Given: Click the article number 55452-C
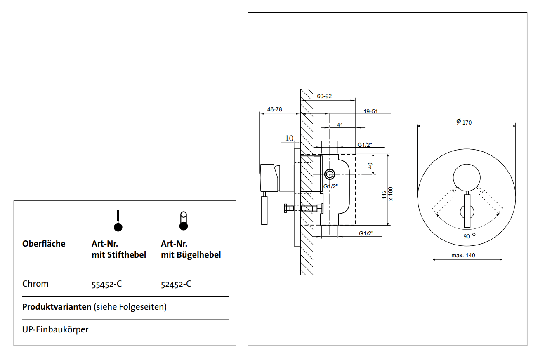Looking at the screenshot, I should [106, 284].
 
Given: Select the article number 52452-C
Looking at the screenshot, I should [176, 284].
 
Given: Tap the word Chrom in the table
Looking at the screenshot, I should [35, 284].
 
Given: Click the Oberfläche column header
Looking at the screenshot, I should [44, 244].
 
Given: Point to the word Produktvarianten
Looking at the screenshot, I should [57, 307].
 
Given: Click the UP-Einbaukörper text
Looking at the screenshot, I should [55, 330].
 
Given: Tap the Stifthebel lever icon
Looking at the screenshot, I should [118, 221].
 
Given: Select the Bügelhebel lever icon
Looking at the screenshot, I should [183, 221].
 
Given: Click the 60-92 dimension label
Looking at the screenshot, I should [324, 96].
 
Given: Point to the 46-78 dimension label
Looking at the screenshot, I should [275, 109].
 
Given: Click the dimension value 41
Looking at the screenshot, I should [340, 125].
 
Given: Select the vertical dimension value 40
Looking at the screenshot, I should [370, 165].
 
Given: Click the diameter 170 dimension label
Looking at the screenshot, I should [464, 122].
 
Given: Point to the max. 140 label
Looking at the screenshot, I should [463, 256].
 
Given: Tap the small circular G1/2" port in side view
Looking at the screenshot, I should [330, 174].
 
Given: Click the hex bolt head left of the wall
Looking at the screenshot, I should [286, 208].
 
